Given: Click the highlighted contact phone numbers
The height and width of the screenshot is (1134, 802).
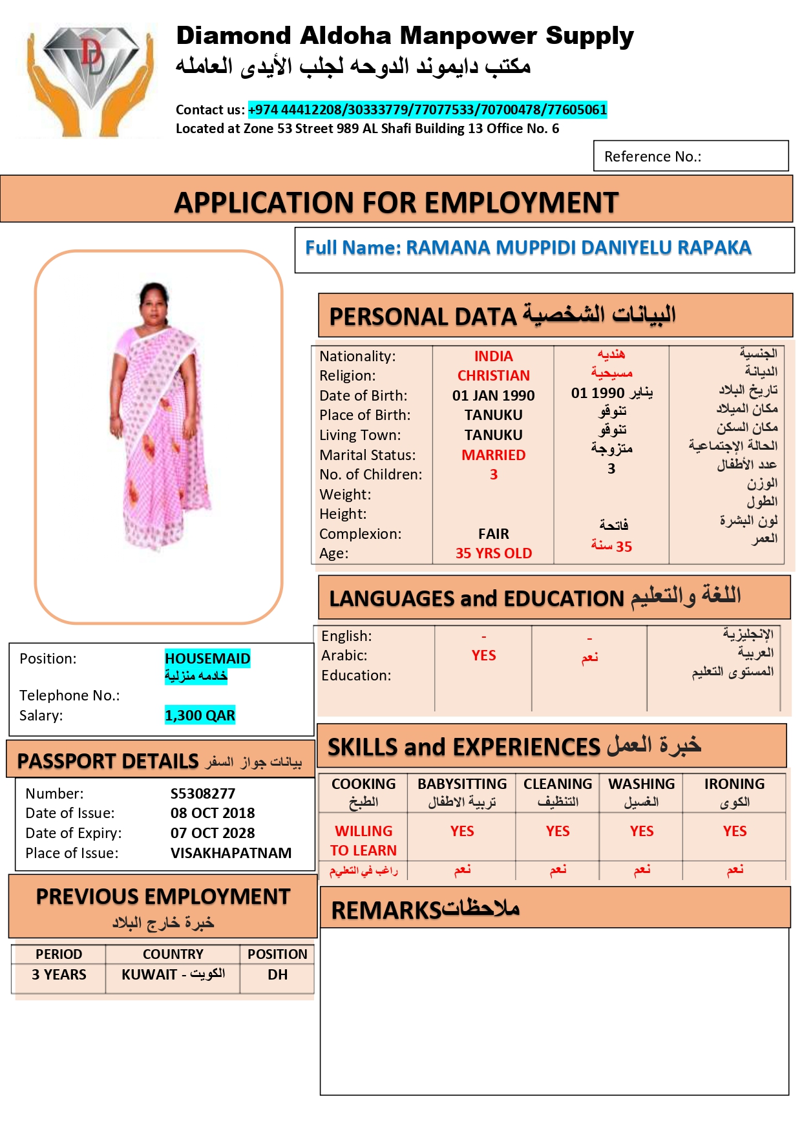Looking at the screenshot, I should point(427,109).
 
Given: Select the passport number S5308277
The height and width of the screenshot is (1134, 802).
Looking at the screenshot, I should point(203,793).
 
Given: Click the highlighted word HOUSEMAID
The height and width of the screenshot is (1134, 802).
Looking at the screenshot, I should point(207,658).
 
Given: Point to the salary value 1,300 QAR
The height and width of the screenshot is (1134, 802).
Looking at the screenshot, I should point(200,715).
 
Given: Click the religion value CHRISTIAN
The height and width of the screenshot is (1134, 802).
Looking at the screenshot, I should point(493,375).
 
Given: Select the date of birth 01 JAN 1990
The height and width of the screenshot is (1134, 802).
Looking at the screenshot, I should point(493,395).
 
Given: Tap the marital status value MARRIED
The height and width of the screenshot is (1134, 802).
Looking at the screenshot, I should point(493,455).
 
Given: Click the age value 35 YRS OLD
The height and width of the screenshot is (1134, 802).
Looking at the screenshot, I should point(493,553).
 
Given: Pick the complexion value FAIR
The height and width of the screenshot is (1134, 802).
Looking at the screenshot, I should point(493,534).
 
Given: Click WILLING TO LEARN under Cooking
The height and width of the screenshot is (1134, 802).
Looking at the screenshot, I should point(363,841).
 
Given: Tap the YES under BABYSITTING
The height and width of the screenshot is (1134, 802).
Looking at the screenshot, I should point(462,831).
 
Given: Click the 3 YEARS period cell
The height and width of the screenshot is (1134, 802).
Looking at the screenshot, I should point(59,974).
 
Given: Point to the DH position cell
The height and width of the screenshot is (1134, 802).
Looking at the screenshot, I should point(277,974).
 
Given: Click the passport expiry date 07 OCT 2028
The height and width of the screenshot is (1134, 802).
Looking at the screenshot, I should point(213,833).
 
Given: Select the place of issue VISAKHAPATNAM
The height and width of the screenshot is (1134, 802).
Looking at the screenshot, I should point(231,853).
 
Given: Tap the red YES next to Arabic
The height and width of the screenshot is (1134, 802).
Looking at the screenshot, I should point(483,655).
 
